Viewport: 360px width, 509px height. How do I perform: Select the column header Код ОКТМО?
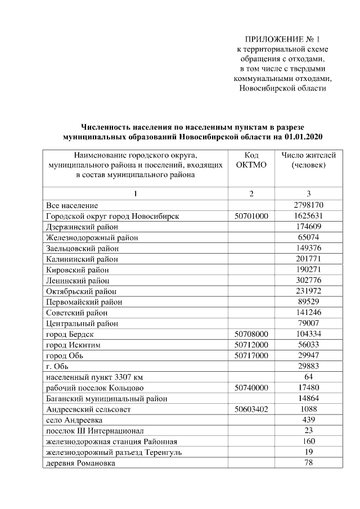point(251,160)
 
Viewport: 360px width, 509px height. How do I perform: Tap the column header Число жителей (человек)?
point(308,160)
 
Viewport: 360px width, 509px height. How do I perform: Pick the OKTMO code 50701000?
point(251,216)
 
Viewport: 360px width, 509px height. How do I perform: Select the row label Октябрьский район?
point(82,291)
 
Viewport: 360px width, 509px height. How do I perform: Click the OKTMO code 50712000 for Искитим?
point(251,344)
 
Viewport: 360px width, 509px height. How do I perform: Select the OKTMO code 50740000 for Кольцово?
point(251,388)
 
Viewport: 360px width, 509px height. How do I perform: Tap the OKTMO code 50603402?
point(251,409)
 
